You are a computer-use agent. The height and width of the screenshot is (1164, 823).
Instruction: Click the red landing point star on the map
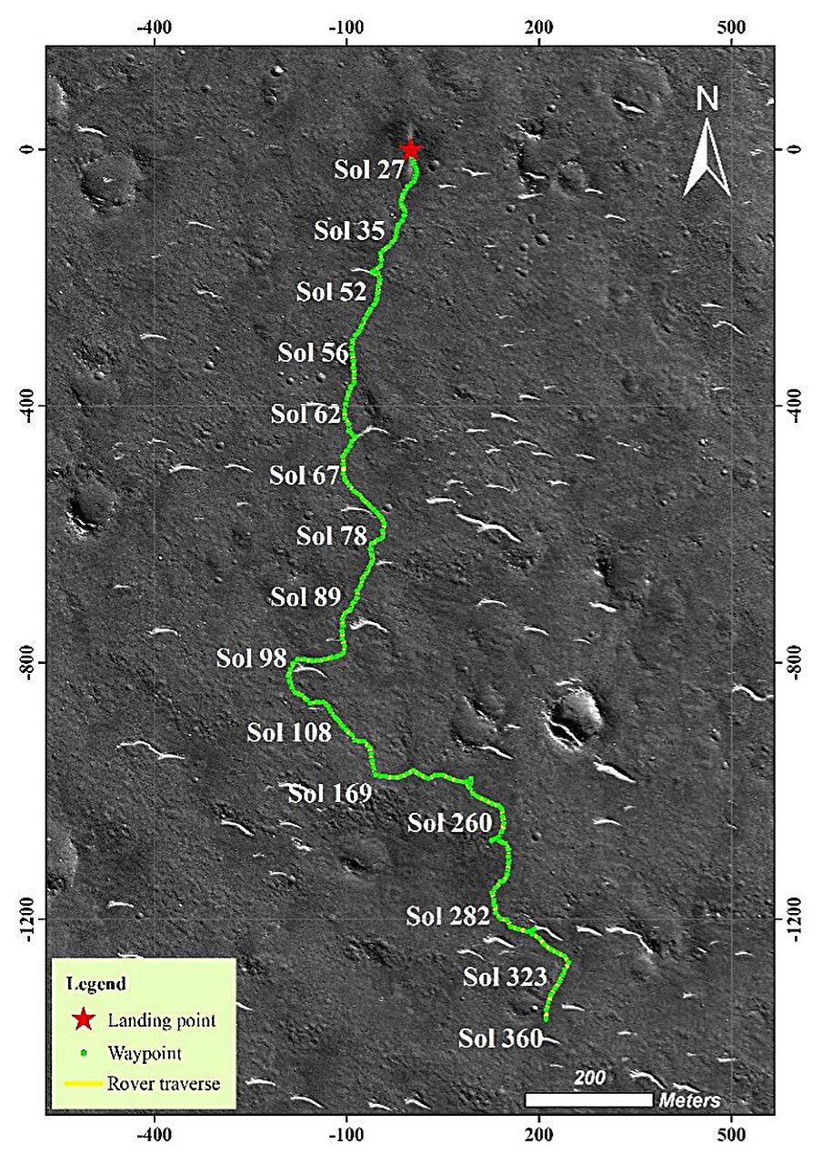(x=411, y=149)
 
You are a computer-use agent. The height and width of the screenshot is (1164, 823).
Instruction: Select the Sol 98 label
(x=251, y=657)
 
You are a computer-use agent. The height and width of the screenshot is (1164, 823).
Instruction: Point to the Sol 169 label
(x=330, y=793)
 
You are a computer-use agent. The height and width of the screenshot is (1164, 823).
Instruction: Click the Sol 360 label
(x=500, y=1038)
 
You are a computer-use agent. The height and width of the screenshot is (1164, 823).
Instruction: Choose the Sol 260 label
(x=449, y=823)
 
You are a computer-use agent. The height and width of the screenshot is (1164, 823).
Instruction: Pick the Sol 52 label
(x=331, y=292)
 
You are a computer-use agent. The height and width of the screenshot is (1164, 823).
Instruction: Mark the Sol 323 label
(x=505, y=978)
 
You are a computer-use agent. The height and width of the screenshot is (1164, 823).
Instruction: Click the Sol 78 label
(x=331, y=536)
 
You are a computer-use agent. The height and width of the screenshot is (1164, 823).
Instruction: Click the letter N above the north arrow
(x=707, y=98)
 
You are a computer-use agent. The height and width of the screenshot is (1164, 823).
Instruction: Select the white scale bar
(x=589, y=1099)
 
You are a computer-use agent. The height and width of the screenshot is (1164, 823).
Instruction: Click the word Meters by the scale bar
(x=689, y=1100)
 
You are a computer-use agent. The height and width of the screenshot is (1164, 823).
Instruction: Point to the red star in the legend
(x=84, y=1019)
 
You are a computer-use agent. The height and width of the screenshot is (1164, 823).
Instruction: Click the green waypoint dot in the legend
(x=84, y=1054)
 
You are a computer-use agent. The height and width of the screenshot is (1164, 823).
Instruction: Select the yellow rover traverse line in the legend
(x=84, y=1083)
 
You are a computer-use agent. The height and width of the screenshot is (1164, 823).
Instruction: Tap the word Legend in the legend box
(x=95, y=984)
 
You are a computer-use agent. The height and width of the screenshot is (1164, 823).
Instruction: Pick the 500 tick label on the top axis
(x=732, y=25)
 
